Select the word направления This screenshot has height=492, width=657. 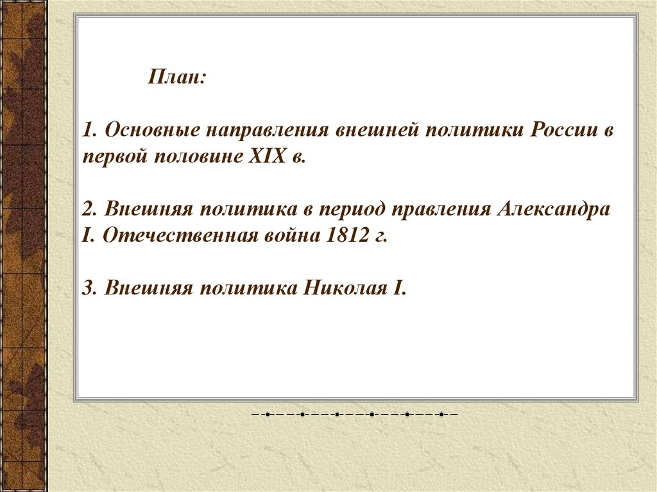[267, 131]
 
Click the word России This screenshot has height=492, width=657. [560, 131]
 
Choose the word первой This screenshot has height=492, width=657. [115, 157]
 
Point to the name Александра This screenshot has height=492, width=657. [553, 209]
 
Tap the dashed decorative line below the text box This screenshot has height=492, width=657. [354, 414]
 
